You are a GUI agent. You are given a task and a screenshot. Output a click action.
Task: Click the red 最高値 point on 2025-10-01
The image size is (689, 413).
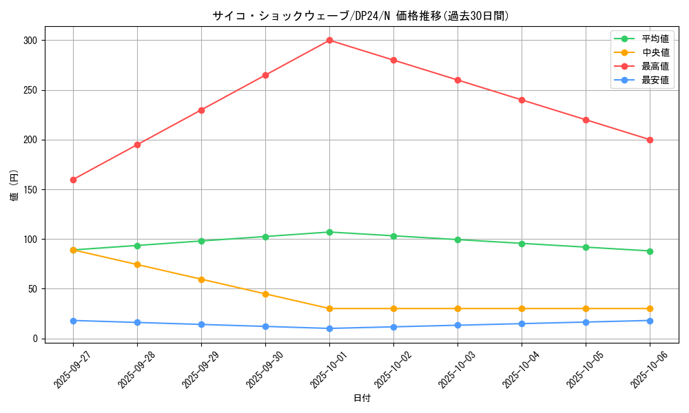(329, 41)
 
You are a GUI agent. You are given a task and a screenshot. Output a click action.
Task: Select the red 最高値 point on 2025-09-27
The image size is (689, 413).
(73, 180)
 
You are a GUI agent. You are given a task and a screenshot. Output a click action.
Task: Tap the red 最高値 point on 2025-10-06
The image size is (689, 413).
(650, 140)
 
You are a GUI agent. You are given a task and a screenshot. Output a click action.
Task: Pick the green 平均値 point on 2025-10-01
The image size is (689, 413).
(329, 232)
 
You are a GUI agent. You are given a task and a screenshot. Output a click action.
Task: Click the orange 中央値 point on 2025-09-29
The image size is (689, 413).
(201, 279)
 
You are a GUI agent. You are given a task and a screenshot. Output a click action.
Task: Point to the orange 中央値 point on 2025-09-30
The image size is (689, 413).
(265, 294)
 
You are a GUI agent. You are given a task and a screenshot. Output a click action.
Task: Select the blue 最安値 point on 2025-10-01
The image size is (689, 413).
(329, 328)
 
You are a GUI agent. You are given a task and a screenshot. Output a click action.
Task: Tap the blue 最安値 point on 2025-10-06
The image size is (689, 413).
(650, 321)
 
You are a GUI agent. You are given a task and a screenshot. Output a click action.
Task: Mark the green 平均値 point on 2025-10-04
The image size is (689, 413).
(522, 244)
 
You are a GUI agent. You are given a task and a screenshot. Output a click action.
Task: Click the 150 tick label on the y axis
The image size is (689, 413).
(30, 190)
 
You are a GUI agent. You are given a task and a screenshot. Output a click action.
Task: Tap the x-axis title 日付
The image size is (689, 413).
(362, 399)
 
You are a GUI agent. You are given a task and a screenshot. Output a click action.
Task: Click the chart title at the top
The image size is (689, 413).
(362, 16)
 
